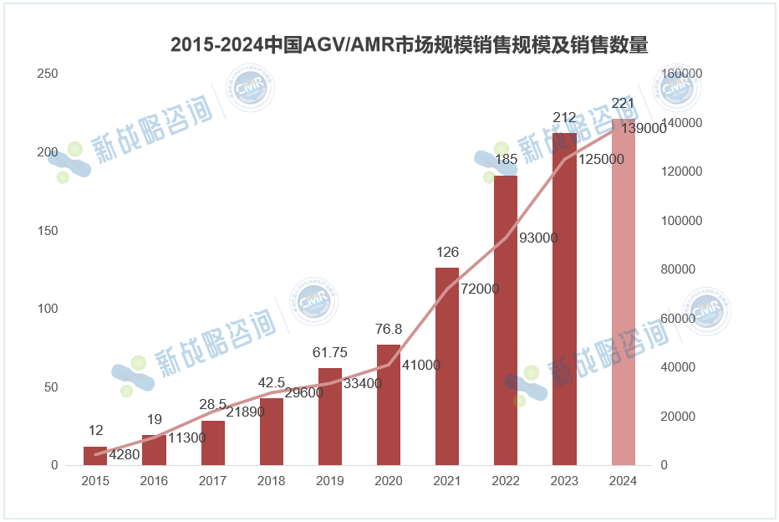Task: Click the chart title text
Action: [x=409, y=45]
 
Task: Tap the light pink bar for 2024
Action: [x=624, y=293]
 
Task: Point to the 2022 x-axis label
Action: [x=506, y=481]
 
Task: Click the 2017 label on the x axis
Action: [x=213, y=481]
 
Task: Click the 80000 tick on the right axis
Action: [x=682, y=269]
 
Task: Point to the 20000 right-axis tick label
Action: [x=682, y=417]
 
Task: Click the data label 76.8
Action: [x=389, y=329]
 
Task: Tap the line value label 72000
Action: [x=480, y=289]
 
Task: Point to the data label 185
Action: [x=506, y=160]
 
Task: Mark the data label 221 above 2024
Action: [x=624, y=104]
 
